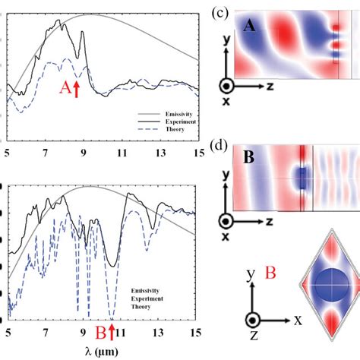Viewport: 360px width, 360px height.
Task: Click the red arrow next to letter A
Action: pos(76,89)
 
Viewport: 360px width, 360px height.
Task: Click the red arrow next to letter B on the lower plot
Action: pos(112,332)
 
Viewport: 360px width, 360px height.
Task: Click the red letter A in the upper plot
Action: pos(65,88)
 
